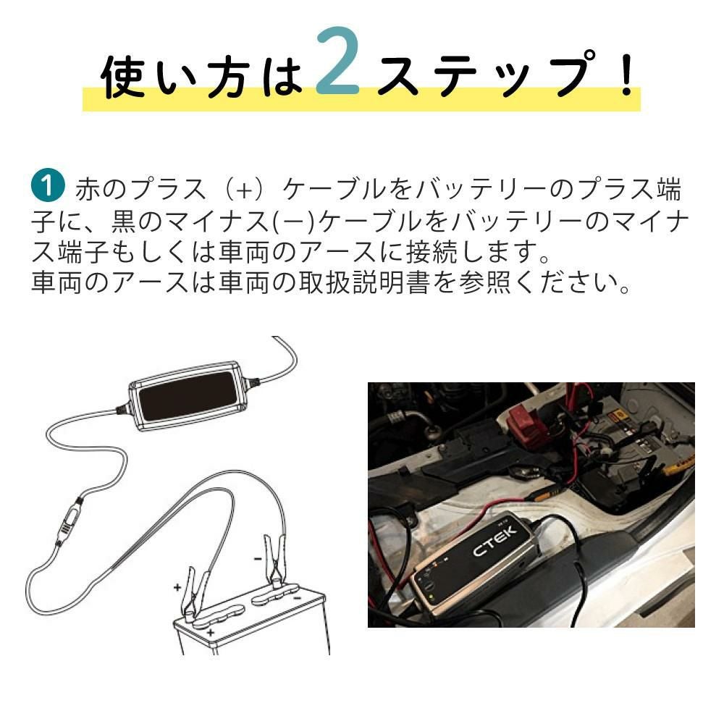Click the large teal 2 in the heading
337,62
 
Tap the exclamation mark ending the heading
626,74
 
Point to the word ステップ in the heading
487,74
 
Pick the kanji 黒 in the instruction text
123,221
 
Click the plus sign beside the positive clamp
177,587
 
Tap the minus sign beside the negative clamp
258,559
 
